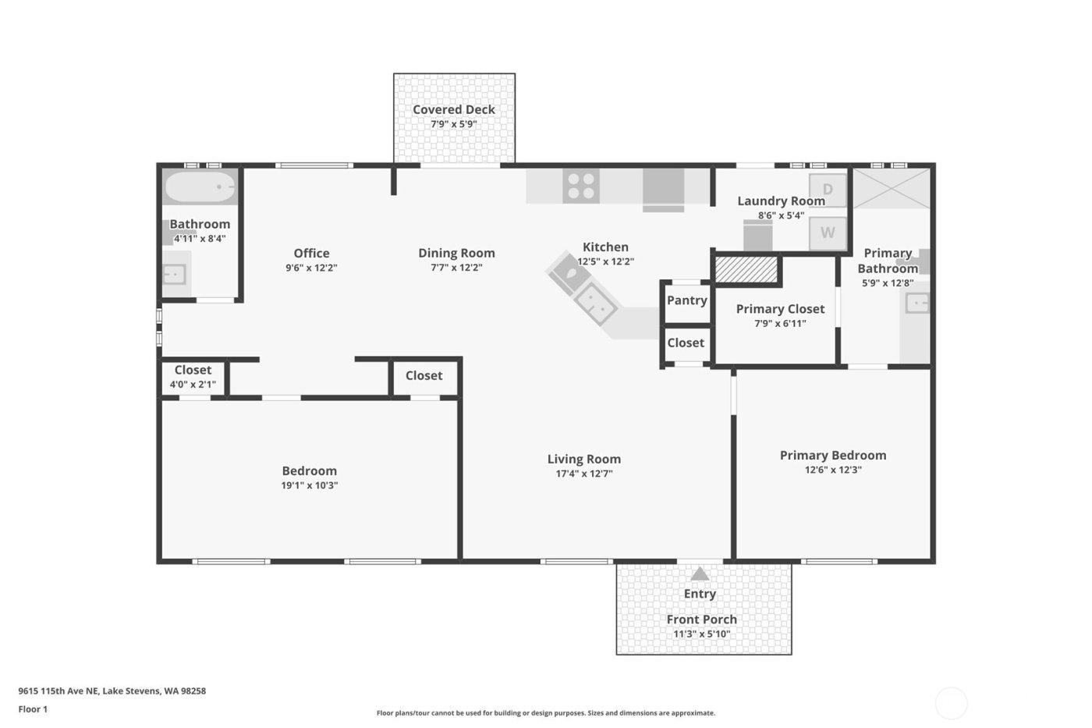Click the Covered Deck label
[x=453, y=110]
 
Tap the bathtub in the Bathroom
[x=200, y=188]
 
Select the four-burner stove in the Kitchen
[x=581, y=187]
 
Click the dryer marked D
[x=828, y=190]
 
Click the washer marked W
[x=828, y=233]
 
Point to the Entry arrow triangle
[x=700, y=574]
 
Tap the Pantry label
[x=686, y=300]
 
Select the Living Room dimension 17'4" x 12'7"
[x=583, y=474]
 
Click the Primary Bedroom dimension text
[x=833, y=470]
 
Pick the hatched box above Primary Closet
[x=747, y=270]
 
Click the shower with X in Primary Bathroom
[x=892, y=188]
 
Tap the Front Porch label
[x=701, y=620]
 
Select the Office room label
[x=311, y=253]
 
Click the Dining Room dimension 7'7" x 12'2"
[x=456, y=268]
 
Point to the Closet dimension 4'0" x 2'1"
[x=193, y=384]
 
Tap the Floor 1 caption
[x=33, y=709]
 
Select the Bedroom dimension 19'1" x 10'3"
[x=310, y=485]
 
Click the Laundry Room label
[x=781, y=201]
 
